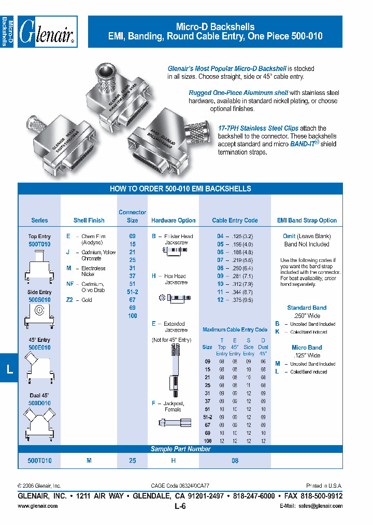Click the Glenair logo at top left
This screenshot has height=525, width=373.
click(47, 32)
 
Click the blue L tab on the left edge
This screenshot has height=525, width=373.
click(9, 369)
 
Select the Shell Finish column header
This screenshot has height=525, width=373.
click(89, 220)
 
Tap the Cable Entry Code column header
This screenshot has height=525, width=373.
click(235, 220)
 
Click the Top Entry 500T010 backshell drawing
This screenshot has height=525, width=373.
click(39, 265)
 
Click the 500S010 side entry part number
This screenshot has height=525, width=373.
click(39, 300)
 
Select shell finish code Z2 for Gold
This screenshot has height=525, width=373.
click(69, 300)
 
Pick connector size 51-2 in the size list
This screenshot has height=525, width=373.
click(133, 292)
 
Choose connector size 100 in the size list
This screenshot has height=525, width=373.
click(133, 316)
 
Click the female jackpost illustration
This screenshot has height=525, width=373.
click(173, 422)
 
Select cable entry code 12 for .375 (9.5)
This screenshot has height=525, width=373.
click(220, 300)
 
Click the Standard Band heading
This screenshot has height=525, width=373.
click(307, 308)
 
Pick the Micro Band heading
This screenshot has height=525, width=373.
click(307, 348)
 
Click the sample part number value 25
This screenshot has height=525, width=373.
click(133, 461)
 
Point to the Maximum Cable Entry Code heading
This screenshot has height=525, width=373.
click(235, 329)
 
